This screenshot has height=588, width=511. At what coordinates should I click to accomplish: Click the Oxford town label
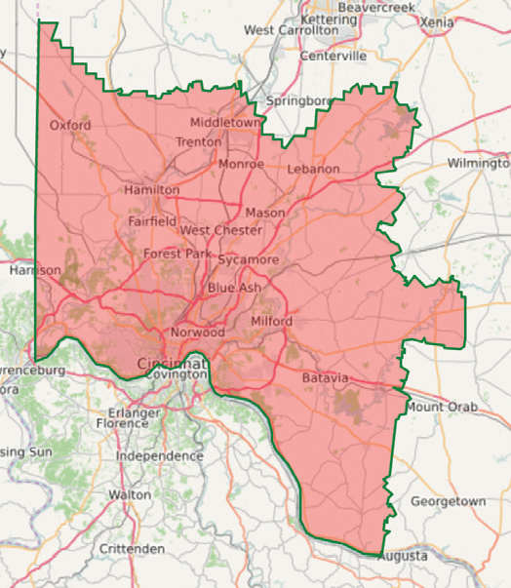point(70,125)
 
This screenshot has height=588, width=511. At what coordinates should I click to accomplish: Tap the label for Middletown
point(226,123)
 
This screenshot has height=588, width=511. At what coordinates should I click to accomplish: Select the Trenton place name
point(199,142)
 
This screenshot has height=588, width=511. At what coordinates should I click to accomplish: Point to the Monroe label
point(241,164)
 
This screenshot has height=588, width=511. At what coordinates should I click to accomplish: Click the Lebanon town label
point(313,169)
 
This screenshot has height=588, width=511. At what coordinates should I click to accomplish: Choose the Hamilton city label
point(151,189)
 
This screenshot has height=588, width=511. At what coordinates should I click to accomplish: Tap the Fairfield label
point(152,221)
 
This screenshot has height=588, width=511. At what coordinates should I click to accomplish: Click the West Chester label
point(221,230)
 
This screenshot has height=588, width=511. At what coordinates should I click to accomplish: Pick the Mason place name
point(265,213)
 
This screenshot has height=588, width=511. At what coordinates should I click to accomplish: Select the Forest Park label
point(177,254)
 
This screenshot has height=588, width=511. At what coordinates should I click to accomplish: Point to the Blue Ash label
point(234,289)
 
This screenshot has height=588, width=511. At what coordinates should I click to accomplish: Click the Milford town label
point(271,321)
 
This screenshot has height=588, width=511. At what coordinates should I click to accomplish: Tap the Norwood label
point(198,333)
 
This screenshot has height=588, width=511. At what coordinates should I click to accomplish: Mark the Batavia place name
point(325,377)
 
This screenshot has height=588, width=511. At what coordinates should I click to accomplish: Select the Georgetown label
point(448,501)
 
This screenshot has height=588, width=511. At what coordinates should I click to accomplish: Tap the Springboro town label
point(298,100)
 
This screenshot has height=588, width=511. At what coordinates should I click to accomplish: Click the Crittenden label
point(132,549)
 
